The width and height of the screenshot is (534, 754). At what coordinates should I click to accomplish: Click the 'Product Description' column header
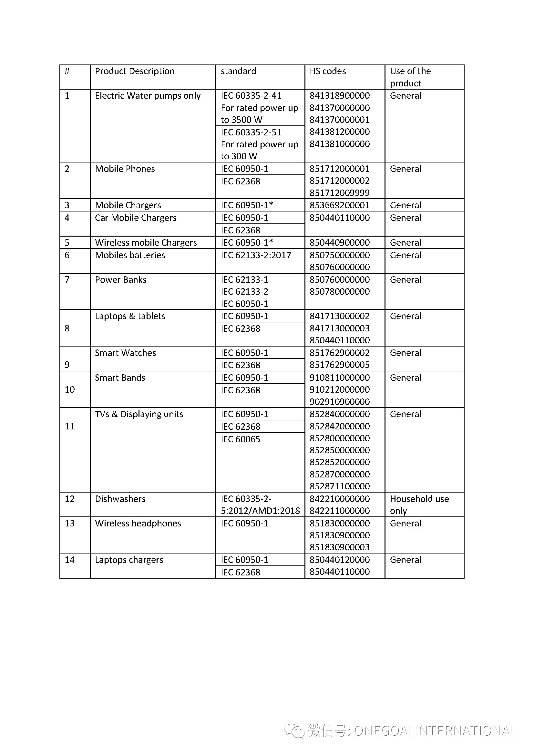135,71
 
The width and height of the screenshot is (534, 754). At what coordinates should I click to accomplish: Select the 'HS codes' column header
327,71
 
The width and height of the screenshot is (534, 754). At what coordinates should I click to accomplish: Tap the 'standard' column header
238,71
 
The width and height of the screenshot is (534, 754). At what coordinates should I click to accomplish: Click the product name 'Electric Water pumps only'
148,95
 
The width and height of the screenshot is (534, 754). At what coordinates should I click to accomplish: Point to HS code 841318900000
339,95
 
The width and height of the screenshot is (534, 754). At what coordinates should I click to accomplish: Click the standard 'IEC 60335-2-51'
251,132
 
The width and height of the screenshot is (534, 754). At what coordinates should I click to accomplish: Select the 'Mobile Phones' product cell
125,169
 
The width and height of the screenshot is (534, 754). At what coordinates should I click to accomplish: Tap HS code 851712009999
339,193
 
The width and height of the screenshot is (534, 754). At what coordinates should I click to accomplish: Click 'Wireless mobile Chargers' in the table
146,242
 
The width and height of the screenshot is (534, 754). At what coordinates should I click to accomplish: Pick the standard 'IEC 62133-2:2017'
256,255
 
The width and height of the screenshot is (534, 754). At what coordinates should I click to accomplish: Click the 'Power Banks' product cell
121,280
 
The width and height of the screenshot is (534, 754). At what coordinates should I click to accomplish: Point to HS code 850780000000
339,292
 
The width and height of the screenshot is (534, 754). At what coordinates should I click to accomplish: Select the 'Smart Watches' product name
125,353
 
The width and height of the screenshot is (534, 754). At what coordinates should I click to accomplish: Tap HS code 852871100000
339,486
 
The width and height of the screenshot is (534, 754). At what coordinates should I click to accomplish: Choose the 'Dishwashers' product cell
120,499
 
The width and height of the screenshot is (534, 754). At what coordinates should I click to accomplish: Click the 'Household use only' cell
419,505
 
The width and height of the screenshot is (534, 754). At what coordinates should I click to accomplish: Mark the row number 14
70,560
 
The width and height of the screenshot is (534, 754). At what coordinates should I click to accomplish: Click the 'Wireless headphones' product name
138,524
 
